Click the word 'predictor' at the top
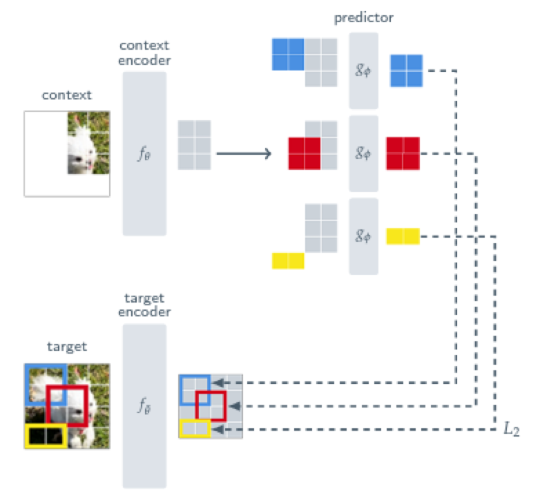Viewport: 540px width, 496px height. point(363,17)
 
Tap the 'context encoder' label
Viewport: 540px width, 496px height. point(145,53)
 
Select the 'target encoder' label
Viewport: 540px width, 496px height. point(145,305)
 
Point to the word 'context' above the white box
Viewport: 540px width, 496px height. point(66,95)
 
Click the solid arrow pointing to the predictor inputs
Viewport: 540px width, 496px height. point(243,153)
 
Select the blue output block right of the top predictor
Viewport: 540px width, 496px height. point(406,70)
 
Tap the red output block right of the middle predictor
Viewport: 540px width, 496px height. point(403,153)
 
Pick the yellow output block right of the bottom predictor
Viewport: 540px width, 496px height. point(403,236)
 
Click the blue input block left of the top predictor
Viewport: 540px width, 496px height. point(288,54)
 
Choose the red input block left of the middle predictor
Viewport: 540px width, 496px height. point(305,153)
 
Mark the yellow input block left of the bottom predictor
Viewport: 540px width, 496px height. point(288,260)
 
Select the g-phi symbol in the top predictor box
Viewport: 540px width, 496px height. point(363,70)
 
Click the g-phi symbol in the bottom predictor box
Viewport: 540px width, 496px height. point(363,236)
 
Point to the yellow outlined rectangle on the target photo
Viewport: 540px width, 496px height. point(46,436)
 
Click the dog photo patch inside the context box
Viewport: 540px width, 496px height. point(88,143)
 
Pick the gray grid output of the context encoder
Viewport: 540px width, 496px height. point(194,145)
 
